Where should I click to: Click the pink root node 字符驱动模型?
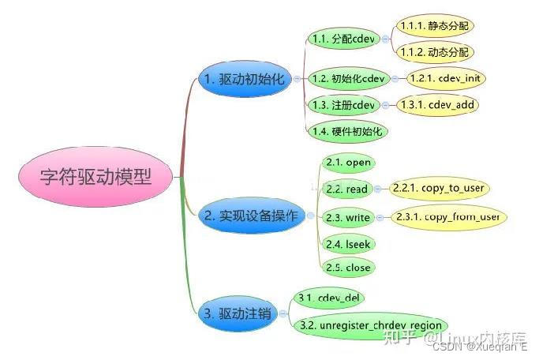point(95,175)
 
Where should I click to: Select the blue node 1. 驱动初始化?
point(245,79)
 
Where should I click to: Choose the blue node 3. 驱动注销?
point(237,313)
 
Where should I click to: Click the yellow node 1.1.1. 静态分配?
point(435,26)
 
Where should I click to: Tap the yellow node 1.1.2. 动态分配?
point(435,51)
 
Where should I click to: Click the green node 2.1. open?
point(347,163)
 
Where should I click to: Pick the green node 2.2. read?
point(346,189)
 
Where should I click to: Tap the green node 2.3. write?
point(347,217)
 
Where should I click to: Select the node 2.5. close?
point(347,267)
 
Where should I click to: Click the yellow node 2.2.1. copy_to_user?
point(438,189)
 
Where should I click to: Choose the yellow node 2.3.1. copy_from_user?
point(447,216)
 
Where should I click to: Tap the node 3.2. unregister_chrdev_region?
point(371,325)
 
